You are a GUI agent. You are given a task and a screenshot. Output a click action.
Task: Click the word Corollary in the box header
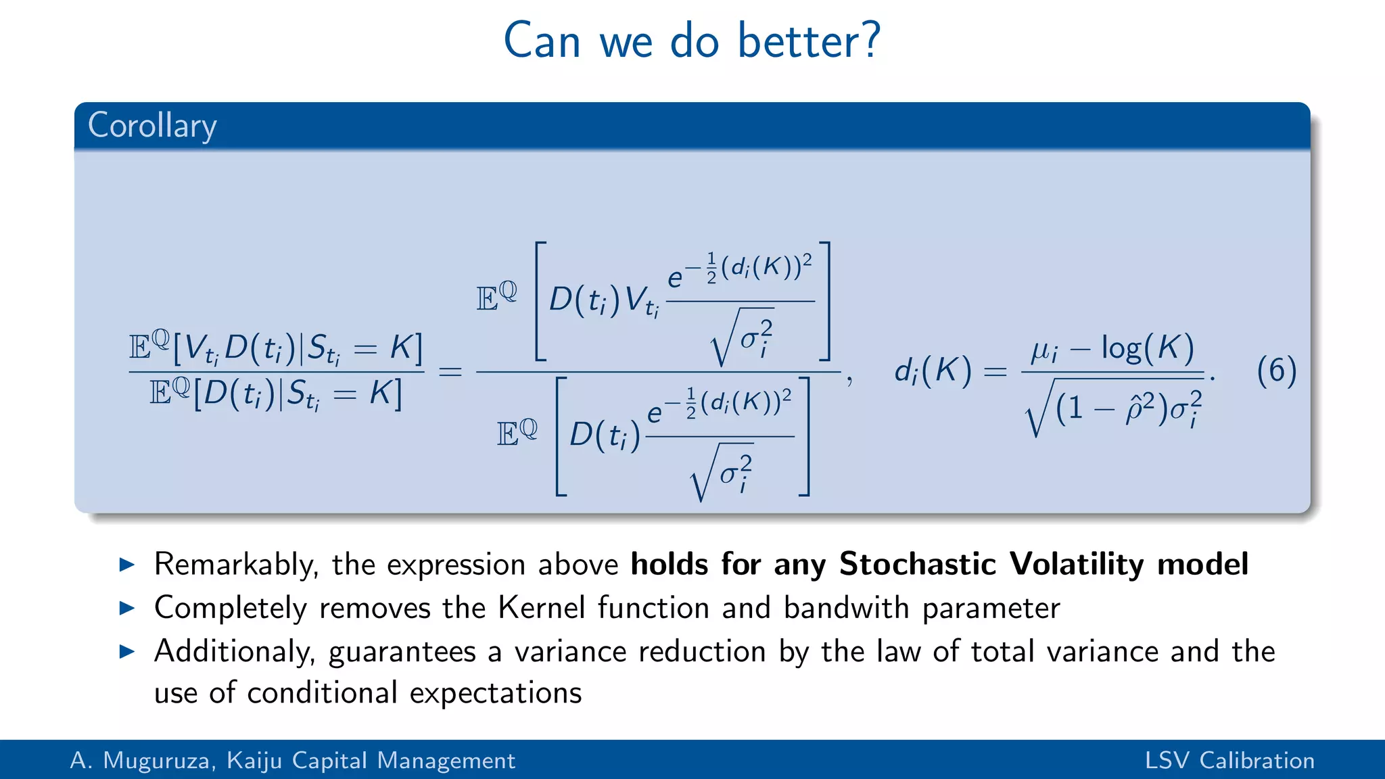[x=152, y=126]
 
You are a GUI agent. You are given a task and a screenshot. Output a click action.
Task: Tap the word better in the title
[x=799, y=41]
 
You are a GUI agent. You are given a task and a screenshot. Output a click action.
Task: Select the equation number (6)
[x=1276, y=371]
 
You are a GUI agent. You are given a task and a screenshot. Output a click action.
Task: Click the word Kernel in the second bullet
[x=541, y=608]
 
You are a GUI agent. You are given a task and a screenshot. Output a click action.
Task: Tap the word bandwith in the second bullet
[x=846, y=608]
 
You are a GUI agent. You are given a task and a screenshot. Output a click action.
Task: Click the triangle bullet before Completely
[x=127, y=608]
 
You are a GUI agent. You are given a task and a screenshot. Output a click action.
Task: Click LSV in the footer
[x=1167, y=761]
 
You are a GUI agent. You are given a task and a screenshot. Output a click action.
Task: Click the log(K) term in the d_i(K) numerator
[x=1148, y=348]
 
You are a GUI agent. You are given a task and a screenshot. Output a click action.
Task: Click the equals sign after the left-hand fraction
[x=450, y=372]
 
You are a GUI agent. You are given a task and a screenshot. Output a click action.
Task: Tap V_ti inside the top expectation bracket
[x=641, y=301]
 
